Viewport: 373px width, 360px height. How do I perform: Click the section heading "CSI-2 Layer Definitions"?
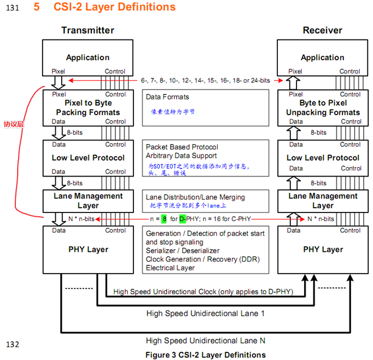coord(114,7)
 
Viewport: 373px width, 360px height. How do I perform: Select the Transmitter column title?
coord(88,30)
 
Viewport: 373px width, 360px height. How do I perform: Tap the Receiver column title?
coord(322,30)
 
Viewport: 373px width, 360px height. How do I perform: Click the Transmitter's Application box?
coord(88,57)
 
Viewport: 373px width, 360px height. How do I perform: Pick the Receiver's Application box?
coord(322,57)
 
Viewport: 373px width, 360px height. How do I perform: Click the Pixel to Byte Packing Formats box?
coord(88,108)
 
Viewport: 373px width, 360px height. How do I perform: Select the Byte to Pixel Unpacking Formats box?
coord(322,108)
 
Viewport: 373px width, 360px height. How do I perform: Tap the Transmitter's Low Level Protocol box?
coord(88,158)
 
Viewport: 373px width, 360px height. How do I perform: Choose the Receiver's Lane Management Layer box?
coord(322,200)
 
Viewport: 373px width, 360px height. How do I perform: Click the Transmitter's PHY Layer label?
coord(88,250)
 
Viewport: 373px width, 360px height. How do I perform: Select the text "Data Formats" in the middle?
coord(167,97)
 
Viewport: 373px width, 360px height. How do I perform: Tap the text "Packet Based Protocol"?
coord(182,147)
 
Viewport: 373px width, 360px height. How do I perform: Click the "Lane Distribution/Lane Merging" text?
coord(195,197)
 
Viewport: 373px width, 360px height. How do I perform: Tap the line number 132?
coord(13,345)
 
